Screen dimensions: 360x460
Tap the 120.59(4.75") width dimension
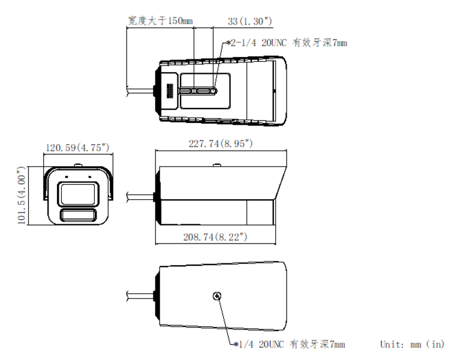click(77, 147)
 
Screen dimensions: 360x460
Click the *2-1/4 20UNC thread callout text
click(286, 43)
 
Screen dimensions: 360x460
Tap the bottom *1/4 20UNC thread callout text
click(289, 344)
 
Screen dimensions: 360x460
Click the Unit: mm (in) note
click(412, 344)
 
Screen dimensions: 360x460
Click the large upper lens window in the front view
click(76, 194)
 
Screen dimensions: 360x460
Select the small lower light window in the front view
click(76, 217)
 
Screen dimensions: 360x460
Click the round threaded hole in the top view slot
click(214, 91)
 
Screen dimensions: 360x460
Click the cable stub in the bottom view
click(140, 295)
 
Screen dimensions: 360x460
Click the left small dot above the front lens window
click(66, 178)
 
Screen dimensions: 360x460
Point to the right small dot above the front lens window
click(88, 178)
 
